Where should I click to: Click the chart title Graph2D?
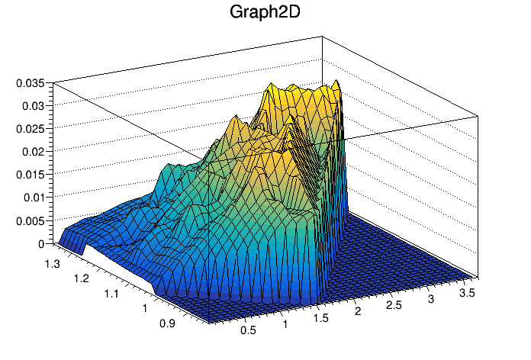[x=265, y=13]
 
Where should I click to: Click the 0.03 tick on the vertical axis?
[x=33, y=105]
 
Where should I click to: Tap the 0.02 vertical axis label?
[x=33, y=151]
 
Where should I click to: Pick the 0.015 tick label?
[x=30, y=174]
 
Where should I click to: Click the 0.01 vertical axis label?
[x=33, y=198]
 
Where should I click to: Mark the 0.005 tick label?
[x=30, y=220]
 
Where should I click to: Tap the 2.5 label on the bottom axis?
[x=394, y=305]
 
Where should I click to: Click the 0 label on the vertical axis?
[x=42, y=244]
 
